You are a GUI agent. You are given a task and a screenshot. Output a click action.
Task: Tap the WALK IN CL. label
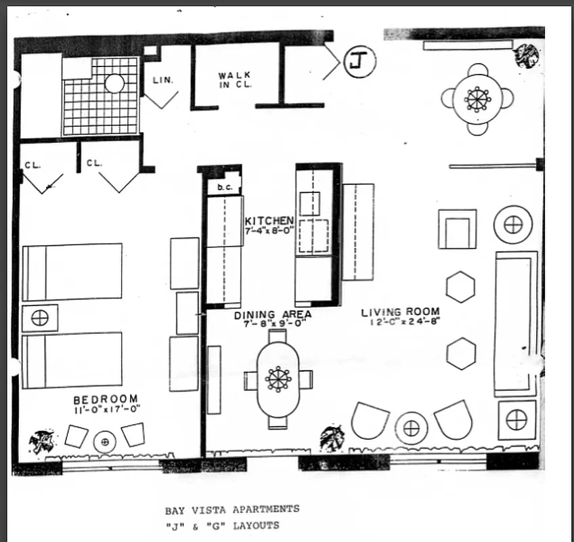(234, 80)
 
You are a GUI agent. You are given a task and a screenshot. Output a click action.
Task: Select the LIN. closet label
(162, 79)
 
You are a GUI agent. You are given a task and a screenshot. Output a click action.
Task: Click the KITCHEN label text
(269, 221)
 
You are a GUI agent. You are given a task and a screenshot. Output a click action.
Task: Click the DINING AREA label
(273, 314)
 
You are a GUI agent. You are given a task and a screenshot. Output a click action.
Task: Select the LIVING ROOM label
(400, 312)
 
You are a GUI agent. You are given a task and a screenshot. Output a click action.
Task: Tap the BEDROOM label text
(106, 399)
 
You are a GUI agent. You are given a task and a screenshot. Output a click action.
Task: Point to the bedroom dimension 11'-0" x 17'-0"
(106, 409)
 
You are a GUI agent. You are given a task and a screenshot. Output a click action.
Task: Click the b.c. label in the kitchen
(224, 188)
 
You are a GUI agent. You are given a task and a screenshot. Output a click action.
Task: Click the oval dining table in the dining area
(278, 379)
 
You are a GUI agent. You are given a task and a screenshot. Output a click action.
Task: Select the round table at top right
(478, 100)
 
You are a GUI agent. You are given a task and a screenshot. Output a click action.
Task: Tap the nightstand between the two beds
(40, 318)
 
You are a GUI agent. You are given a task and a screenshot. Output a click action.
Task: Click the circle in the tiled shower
(114, 83)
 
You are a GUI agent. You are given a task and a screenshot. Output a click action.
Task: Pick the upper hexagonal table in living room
(460, 287)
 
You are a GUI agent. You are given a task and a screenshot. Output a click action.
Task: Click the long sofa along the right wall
(516, 323)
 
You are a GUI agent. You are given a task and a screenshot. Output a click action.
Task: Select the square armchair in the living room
(457, 229)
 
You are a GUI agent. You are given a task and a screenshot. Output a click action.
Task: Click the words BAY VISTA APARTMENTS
(231, 509)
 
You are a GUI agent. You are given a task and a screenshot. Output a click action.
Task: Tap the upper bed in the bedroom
(72, 272)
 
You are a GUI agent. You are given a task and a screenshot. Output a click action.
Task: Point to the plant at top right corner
(527, 56)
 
